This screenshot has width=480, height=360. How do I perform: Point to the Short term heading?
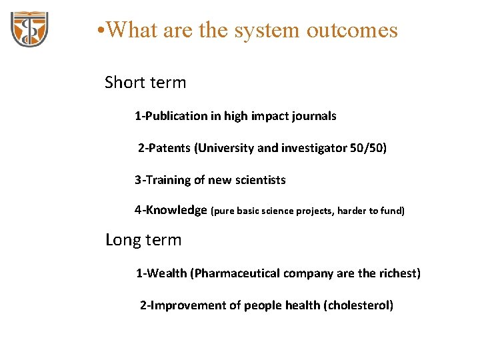coord(145,83)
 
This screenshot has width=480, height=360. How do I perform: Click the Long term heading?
coord(143,239)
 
